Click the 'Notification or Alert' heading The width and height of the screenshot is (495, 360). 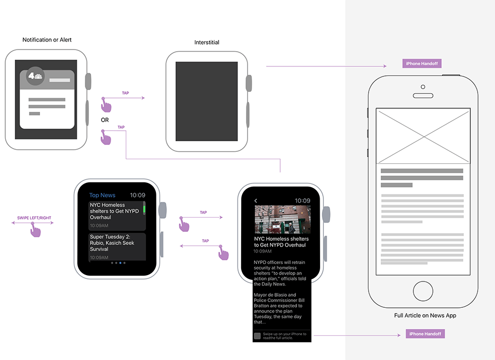click(x=47, y=40)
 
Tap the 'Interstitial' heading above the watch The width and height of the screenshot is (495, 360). click(x=207, y=42)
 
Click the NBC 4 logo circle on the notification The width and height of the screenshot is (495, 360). click(x=35, y=76)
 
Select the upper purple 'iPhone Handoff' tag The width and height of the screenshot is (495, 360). click(x=422, y=64)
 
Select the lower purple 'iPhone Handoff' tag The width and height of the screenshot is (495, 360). click(x=425, y=334)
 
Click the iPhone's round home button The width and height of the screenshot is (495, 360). click(x=423, y=291)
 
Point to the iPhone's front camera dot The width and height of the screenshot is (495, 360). click(x=423, y=87)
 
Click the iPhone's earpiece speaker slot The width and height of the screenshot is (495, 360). click(x=423, y=95)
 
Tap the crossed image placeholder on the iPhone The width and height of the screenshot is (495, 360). click(x=423, y=136)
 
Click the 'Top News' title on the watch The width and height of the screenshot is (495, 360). click(x=102, y=196)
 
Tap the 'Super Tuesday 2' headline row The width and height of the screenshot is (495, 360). click(x=117, y=247)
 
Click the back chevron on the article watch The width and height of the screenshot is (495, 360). click(x=256, y=201)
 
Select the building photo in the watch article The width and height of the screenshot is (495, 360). click(x=283, y=219)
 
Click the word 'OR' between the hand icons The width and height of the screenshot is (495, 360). click(x=105, y=120)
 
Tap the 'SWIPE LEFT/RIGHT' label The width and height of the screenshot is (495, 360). click(x=34, y=218)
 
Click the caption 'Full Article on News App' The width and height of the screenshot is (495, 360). click(x=425, y=315)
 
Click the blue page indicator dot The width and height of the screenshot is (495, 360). click(x=120, y=263)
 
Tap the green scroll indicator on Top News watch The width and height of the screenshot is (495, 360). click(x=144, y=209)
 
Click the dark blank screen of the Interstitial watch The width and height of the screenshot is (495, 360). click(x=207, y=101)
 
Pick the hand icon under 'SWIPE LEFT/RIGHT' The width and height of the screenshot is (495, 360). click(x=35, y=230)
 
